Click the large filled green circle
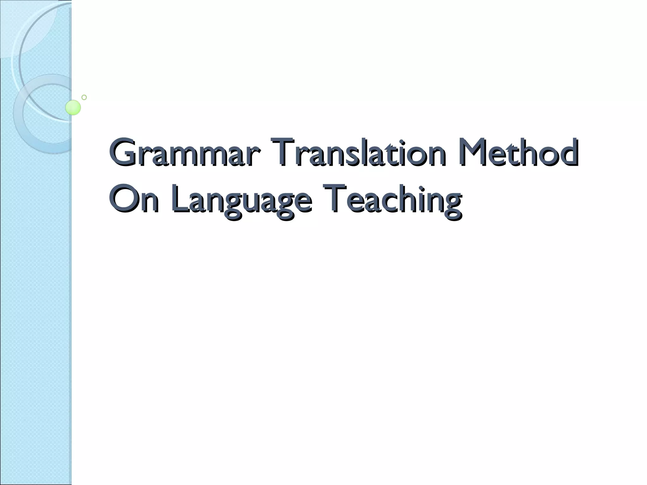[x=73, y=107]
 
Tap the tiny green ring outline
[x=84, y=97]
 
